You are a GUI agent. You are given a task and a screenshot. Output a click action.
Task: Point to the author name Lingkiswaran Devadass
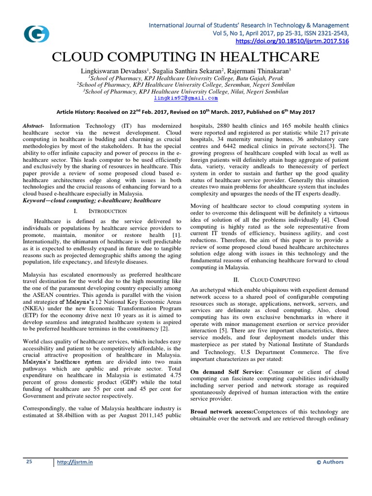point(119,71)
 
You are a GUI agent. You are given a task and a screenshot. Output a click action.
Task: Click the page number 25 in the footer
point(29,462)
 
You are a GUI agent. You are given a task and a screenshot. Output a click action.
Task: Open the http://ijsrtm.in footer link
point(76,462)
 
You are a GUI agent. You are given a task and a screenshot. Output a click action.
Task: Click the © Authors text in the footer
point(329,462)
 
